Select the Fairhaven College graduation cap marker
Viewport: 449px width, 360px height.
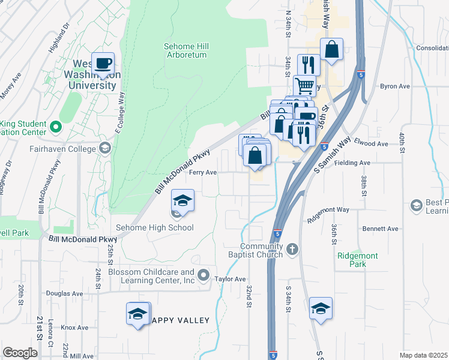tap(105, 148)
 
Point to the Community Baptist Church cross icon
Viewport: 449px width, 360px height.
tap(292, 249)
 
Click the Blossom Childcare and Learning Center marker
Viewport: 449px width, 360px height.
tap(204, 276)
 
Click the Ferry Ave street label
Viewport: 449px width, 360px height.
tap(203, 172)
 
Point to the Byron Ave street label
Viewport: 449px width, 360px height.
tap(394, 86)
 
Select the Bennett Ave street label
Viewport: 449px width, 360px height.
tap(381, 229)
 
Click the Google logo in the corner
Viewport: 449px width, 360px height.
tap(20, 353)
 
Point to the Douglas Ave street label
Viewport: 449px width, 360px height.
tap(64, 293)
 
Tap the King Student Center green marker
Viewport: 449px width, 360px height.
tap(56, 127)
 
